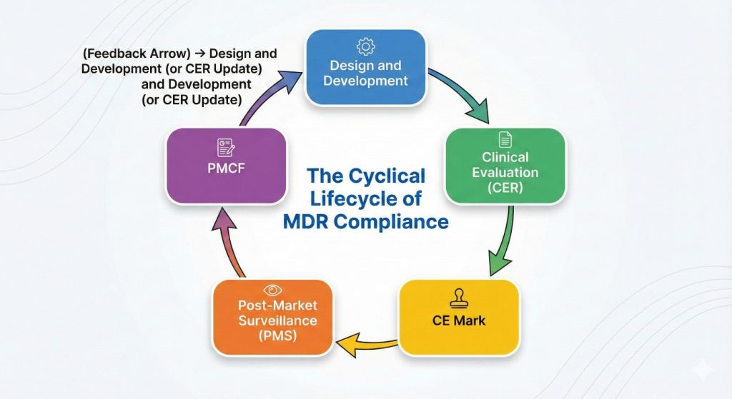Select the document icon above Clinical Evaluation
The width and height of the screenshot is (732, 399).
[505, 141]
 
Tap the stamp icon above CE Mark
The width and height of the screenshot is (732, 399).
[458, 298]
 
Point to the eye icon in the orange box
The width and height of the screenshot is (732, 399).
[272, 290]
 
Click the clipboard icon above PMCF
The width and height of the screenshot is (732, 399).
[226, 148]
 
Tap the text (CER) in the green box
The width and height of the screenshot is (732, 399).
[505, 188]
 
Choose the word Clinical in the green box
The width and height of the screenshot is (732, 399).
[505, 157]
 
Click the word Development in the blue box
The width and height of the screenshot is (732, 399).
[365, 81]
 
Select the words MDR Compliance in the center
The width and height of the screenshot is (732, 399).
[366, 222]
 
